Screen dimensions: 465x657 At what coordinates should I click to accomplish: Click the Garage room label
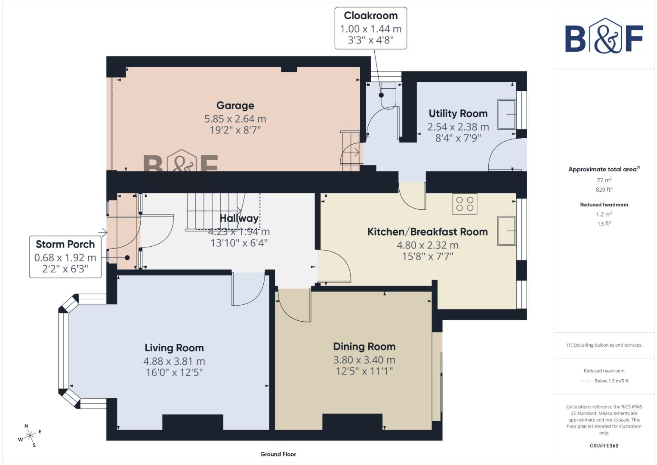tap(235, 105)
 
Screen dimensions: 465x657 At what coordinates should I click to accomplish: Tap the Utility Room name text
tap(458, 114)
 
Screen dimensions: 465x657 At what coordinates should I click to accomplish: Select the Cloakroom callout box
tap(370, 28)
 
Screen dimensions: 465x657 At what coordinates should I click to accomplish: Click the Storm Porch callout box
tap(65, 257)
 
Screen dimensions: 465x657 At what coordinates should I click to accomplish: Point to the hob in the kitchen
tap(465, 204)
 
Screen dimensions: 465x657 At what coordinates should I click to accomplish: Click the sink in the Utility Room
tap(506, 114)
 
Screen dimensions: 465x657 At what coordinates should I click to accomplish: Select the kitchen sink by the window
tap(506, 231)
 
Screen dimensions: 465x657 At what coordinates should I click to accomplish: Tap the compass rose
tap(30, 436)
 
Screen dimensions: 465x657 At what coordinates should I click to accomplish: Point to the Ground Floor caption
tap(278, 454)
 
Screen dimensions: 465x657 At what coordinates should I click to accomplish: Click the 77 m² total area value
tap(604, 180)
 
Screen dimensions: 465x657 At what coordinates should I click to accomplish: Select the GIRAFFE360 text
tap(604, 446)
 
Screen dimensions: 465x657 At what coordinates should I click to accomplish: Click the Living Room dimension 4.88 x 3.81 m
tap(174, 361)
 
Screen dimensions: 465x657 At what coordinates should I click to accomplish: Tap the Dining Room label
tap(364, 347)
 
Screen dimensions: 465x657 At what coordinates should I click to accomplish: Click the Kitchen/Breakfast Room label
tap(427, 232)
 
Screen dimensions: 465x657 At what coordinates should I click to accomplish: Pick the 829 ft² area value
tap(604, 189)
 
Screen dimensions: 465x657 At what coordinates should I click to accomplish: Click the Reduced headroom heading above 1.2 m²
tap(604, 205)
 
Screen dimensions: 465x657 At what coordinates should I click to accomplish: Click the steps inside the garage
tap(351, 151)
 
